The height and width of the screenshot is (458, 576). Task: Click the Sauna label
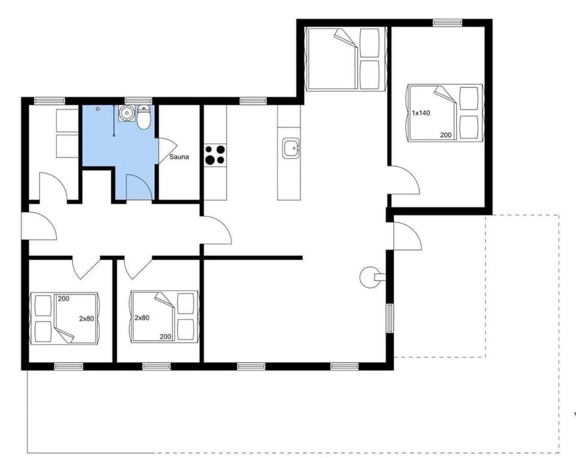click(x=179, y=157)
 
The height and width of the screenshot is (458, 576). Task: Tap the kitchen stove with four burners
click(x=215, y=155)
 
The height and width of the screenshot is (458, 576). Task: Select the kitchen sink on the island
click(x=291, y=147)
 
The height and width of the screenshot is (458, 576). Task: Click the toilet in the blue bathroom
click(x=143, y=118)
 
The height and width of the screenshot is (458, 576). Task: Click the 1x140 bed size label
click(x=421, y=113)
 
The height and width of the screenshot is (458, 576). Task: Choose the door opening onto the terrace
click(x=406, y=236)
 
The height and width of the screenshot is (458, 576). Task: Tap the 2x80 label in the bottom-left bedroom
click(x=86, y=318)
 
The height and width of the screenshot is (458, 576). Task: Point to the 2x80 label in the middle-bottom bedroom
click(x=142, y=318)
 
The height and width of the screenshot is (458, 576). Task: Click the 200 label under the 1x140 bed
click(x=446, y=135)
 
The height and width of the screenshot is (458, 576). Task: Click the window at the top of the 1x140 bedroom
click(x=447, y=23)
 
